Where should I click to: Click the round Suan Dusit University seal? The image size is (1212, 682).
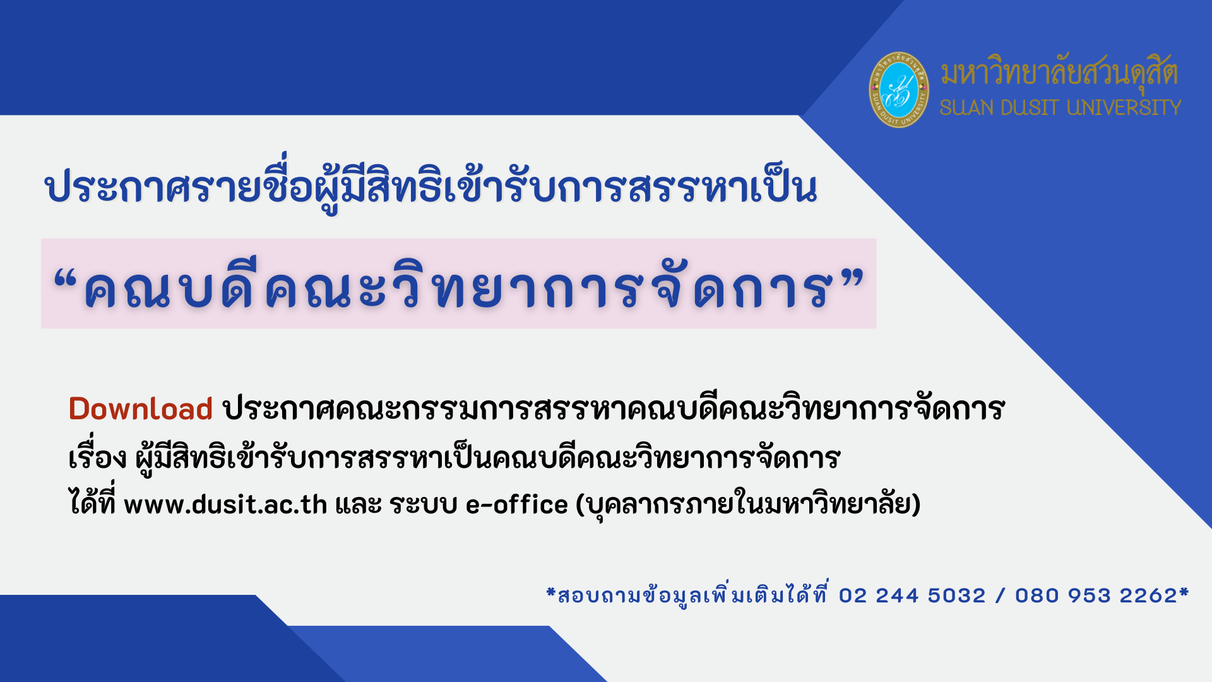pos(899,90)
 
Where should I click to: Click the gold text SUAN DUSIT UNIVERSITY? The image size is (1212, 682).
pos(1060,107)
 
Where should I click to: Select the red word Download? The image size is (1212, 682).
pos(140,409)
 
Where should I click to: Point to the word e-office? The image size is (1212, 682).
pos(517,505)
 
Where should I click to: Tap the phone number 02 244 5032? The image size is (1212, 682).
pos(912,595)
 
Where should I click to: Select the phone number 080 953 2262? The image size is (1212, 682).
pos(1096,595)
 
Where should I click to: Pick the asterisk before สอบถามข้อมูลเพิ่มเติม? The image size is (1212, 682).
pos(551,592)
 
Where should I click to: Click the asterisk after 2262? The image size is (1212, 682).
pos(1184,592)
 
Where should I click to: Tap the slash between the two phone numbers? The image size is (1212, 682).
pos(1001,595)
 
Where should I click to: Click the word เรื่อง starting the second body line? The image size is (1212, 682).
pos(98,455)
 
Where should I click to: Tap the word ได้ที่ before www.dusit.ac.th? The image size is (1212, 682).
pos(92,503)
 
